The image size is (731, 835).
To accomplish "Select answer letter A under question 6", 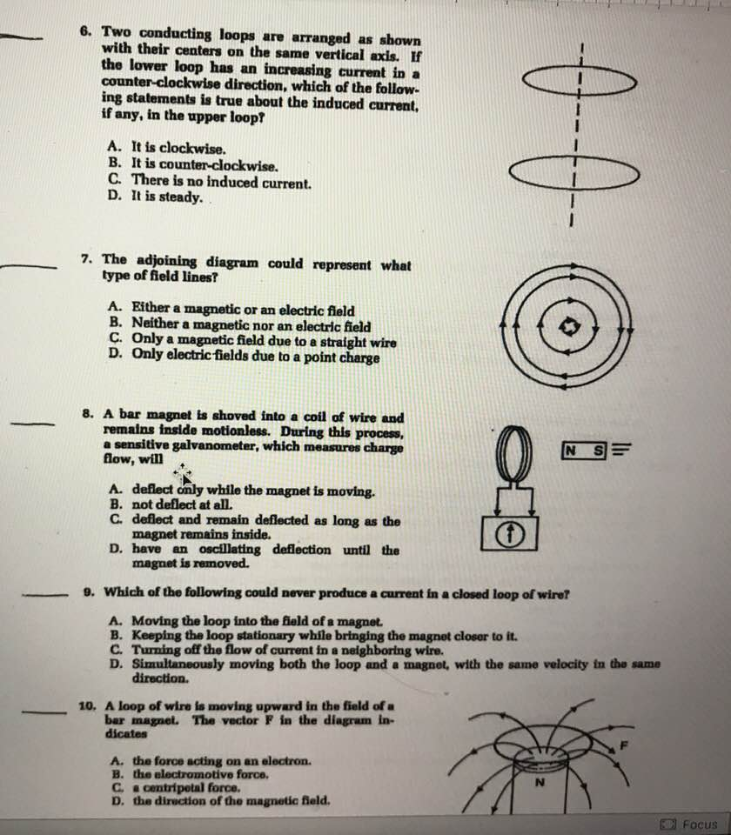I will (114, 149).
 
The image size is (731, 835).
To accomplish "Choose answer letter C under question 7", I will (116, 342).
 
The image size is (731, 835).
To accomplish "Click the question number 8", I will (88, 416).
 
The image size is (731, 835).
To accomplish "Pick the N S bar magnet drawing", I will (584, 450).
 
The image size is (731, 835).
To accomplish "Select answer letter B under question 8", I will (115, 504).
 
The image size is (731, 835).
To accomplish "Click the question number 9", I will (89, 592).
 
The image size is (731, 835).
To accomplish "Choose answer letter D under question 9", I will (116, 664).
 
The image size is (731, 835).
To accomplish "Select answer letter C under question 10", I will (116, 786).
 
